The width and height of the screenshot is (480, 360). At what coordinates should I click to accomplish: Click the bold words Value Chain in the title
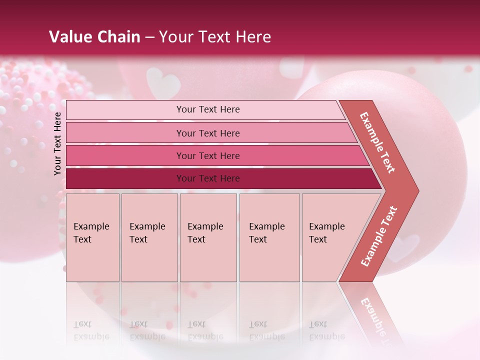click(94, 37)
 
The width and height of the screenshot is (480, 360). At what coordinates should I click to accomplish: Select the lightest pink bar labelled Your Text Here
click(207, 109)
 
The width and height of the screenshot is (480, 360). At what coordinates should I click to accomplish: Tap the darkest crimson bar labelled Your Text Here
click(207, 178)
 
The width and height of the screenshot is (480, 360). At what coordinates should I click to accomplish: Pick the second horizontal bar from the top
click(207, 133)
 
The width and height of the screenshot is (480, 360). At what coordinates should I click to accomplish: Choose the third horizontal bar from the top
click(207, 155)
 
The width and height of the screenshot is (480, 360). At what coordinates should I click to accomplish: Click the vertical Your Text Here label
click(58, 143)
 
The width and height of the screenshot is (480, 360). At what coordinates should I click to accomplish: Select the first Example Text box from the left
click(92, 237)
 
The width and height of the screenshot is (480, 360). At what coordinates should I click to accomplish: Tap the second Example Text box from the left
click(149, 237)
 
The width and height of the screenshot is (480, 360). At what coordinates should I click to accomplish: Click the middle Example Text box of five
click(208, 237)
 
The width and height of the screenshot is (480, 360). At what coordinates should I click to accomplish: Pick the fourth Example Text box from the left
click(269, 237)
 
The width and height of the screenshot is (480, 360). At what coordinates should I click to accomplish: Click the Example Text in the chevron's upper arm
click(378, 142)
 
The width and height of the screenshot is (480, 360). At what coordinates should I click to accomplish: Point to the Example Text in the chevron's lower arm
click(379, 236)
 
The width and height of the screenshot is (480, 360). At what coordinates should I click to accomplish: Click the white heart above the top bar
click(163, 82)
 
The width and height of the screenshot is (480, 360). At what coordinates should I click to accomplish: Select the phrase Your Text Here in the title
click(215, 37)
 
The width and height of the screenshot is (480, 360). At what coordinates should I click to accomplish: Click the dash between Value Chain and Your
click(149, 37)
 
